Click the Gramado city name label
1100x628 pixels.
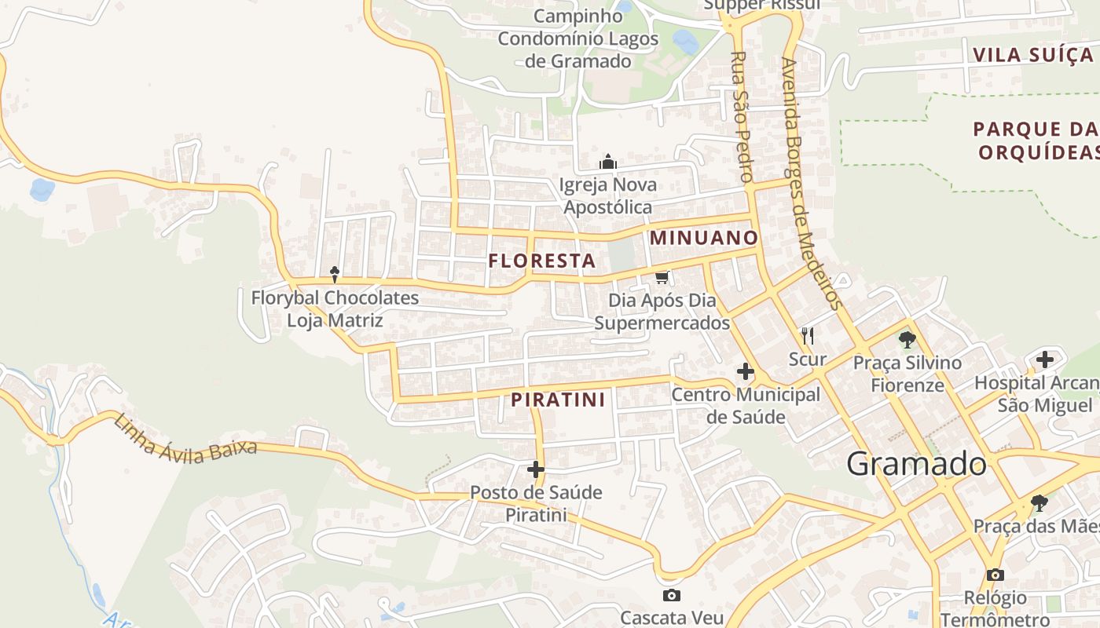coord(916,464)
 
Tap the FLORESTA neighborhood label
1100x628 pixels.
coord(542,261)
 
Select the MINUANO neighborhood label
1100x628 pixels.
coord(704,237)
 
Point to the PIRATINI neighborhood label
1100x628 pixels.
coord(558,400)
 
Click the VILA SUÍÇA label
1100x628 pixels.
coord(1032,55)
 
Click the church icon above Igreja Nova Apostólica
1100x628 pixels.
coord(608,162)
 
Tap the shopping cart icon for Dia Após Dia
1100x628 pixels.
coord(662,277)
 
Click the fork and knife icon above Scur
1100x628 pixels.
coord(807,336)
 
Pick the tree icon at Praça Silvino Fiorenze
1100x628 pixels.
coord(907,340)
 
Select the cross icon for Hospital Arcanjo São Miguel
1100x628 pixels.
coord(1044,360)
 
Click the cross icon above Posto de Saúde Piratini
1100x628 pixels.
coord(536,469)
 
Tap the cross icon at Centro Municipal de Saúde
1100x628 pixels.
coord(745,371)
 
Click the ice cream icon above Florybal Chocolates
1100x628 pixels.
coord(335,274)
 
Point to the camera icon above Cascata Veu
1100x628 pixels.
coord(671,595)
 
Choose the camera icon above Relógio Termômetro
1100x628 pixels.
coord(995,575)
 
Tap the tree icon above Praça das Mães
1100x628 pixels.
coord(1039,502)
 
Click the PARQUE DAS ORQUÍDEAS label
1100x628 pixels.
coord(1036,140)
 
